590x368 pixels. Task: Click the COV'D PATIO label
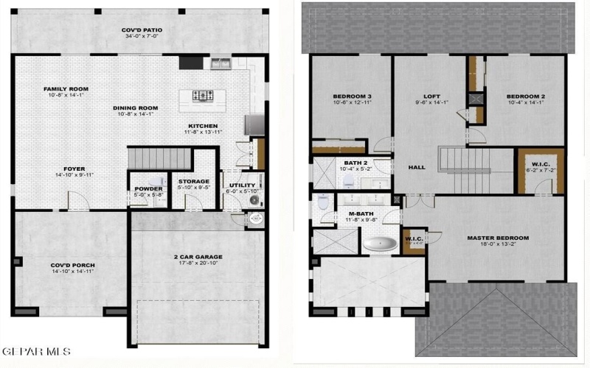(x=142, y=30)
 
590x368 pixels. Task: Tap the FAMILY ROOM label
(x=66, y=89)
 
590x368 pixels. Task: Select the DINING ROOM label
(x=138, y=107)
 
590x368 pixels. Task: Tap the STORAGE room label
(x=193, y=181)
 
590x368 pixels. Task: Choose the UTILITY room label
(x=241, y=185)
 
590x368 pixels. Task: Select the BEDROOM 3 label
(x=352, y=96)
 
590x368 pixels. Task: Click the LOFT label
(x=431, y=96)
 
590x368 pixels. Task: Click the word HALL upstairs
(x=417, y=167)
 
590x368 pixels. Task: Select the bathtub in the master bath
(x=379, y=244)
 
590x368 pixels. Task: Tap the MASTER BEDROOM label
(x=498, y=238)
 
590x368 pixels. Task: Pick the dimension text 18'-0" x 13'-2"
(x=498, y=246)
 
